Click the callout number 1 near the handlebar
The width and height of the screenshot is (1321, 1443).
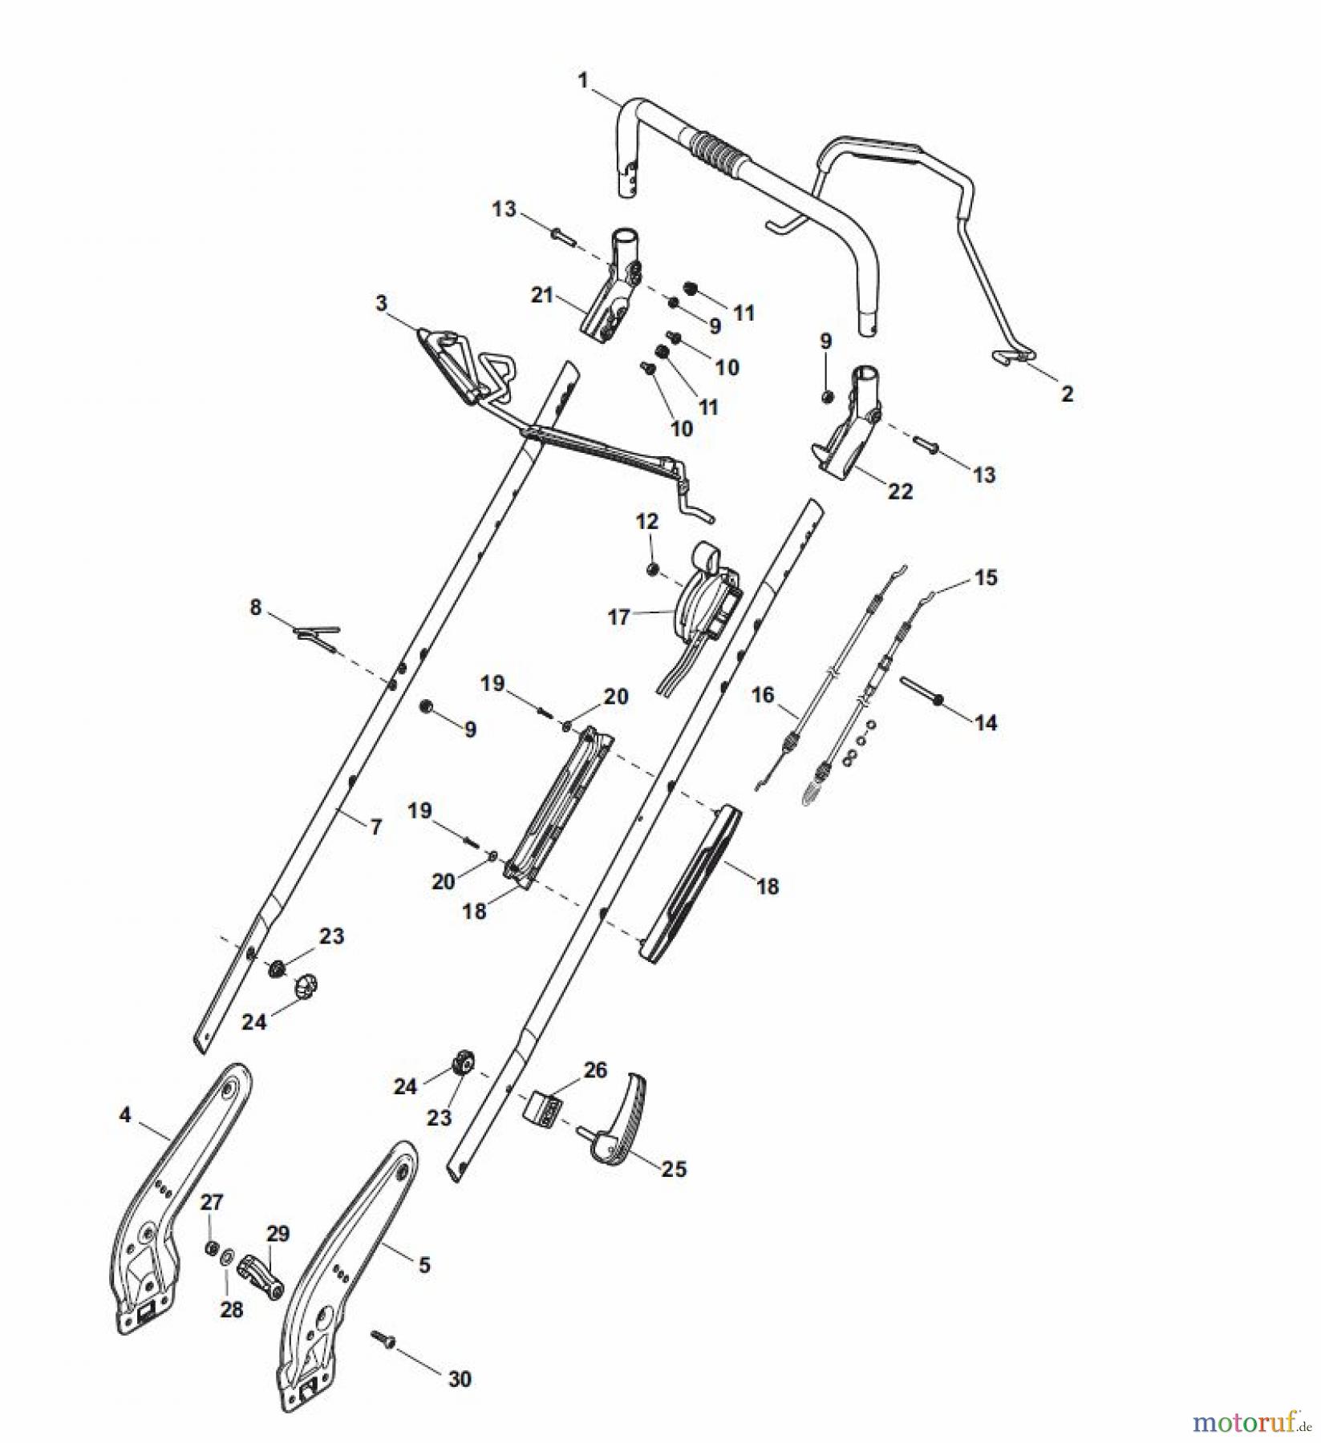583,80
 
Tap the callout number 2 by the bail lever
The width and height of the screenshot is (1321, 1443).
1067,394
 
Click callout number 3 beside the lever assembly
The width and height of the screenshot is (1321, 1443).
381,303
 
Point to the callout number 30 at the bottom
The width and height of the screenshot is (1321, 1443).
460,1379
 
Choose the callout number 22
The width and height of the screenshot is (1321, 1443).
900,491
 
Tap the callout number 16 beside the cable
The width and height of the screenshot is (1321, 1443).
763,694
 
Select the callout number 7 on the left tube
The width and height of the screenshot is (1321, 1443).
376,827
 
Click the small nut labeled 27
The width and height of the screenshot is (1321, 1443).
212,1247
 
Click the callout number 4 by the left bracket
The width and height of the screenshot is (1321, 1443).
124,1115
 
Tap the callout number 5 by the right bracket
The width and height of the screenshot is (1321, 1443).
424,1265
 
